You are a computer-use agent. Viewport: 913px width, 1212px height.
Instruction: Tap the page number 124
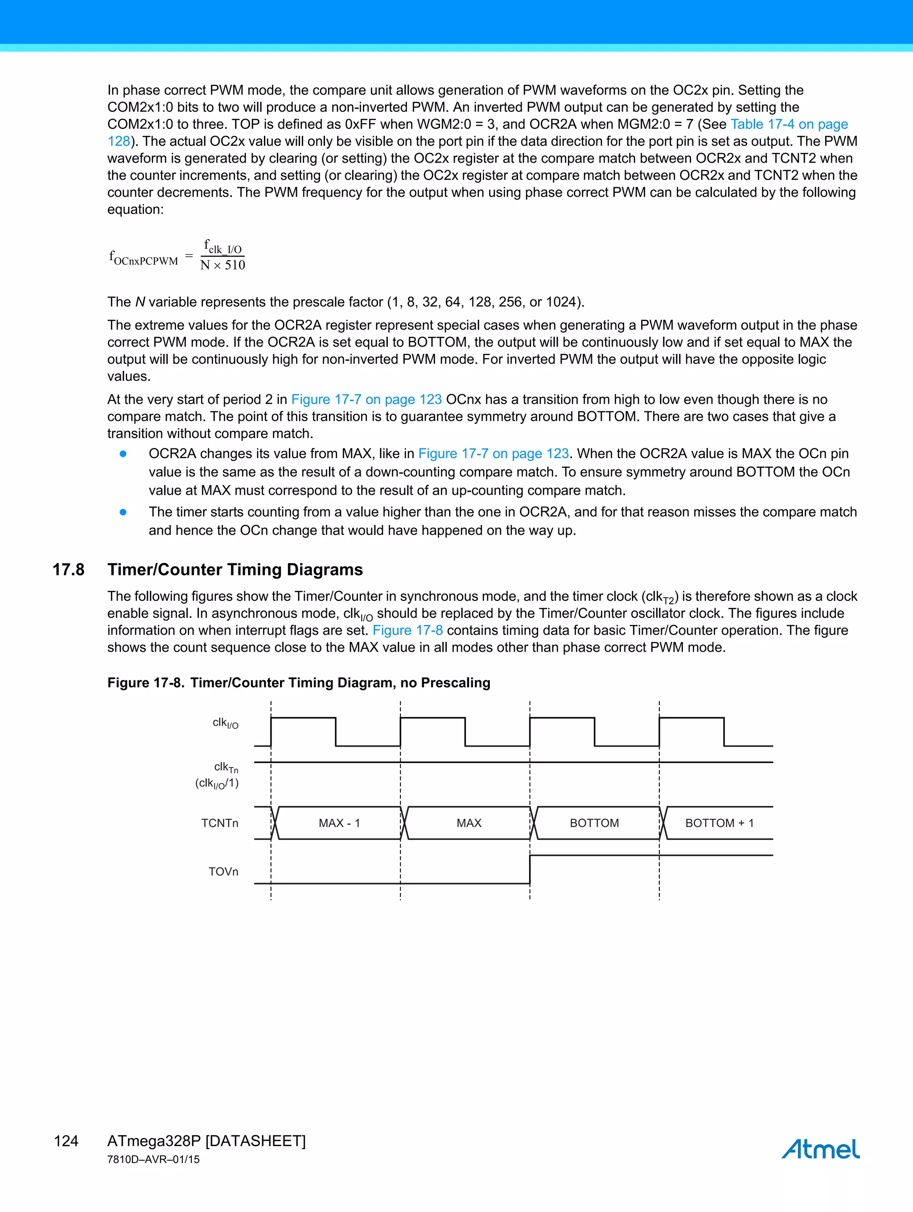coord(66,1141)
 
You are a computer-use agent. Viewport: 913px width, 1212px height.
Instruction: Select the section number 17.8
coord(69,570)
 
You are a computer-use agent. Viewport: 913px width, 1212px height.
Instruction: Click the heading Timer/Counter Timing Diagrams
coord(235,570)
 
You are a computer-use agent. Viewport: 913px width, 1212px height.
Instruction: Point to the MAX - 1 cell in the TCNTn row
coord(339,823)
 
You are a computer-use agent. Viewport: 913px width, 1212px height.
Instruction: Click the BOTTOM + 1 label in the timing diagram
coord(719,823)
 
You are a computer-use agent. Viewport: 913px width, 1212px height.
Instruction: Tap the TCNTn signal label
coord(219,823)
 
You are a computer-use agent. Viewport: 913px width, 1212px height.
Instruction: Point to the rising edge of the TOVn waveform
coord(530,869)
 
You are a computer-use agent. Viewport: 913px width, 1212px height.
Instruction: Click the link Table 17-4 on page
coord(789,124)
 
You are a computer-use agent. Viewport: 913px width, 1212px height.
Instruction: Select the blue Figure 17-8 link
coord(408,631)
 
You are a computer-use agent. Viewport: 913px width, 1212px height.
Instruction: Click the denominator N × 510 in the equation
coord(222,265)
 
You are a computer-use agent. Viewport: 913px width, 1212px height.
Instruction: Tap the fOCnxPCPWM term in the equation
coord(144,258)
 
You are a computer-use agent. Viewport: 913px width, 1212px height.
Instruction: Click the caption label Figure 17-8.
coord(146,683)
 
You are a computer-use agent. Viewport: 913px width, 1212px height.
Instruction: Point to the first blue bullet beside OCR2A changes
coord(123,454)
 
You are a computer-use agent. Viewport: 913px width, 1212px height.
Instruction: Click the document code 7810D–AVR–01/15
coord(153,1159)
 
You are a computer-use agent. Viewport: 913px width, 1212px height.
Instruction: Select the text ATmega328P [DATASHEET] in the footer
coord(206,1141)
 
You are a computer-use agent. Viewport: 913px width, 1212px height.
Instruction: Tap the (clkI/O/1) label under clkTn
coord(217,784)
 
